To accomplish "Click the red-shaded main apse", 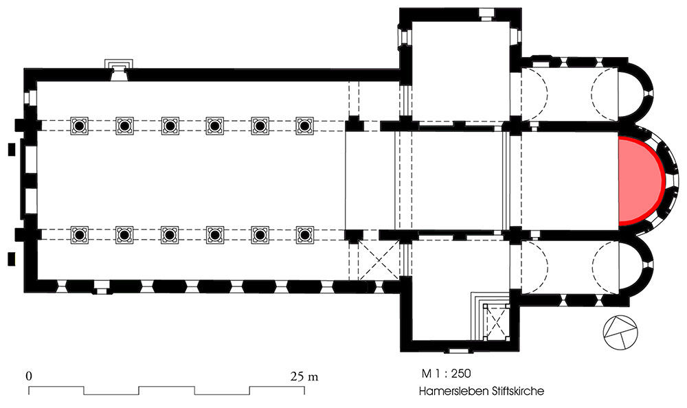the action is tap(640, 181).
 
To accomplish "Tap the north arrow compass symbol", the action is tap(620, 332).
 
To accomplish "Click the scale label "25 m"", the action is tap(304, 376).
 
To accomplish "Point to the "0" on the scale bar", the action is tap(29, 376).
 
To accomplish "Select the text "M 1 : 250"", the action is tap(446, 374).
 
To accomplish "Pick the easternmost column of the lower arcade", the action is tap(304, 236).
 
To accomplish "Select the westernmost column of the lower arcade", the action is tap(79, 236).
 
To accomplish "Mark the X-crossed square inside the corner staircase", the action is tap(496, 323).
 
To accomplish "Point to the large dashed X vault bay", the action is tap(379, 260).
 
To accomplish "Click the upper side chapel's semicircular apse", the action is tap(636, 93).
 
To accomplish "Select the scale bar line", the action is tap(166, 390).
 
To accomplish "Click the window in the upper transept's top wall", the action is tap(485, 14).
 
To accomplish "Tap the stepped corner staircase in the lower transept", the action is tap(489, 315).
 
